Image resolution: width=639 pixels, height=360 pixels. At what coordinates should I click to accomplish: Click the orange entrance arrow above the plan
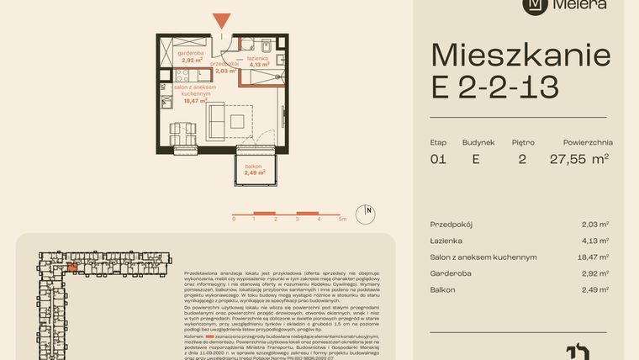pyautogui.click(x=220, y=21)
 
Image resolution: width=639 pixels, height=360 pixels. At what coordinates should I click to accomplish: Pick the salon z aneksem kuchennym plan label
pyautogui.click(x=193, y=92)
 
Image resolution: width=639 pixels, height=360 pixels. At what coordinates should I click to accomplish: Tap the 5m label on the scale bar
pyautogui.click(x=342, y=218)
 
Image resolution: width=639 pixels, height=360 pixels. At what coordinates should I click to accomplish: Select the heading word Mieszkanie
pyautogui.click(x=520, y=56)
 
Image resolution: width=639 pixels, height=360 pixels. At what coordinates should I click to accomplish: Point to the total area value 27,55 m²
pyautogui.click(x=579, y=158)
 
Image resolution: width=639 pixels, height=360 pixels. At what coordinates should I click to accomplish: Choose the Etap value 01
pyautogui.click(x=437, y=158)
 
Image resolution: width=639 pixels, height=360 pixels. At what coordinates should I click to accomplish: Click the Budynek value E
pyautogui.click(x=477, y=158)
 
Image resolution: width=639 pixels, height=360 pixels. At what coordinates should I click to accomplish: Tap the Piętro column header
pyautogui.click(x=522, y=142)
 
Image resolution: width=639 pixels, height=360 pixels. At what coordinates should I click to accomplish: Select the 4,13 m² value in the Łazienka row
pyautogui.click(x=594, y=241)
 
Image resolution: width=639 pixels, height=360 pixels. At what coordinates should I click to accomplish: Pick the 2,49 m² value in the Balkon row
pyautogui.click(x=594, y=289)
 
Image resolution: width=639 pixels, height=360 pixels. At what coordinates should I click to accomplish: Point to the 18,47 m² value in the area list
pyautogui.click(x=593, y=257)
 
